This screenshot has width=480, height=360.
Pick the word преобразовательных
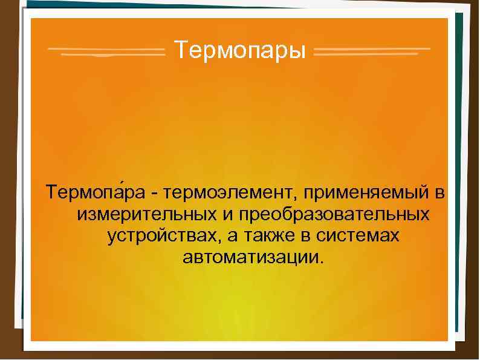pos(334,215)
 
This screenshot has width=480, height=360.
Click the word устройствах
pos(159,235)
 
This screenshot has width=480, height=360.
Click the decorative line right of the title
pos(372,51)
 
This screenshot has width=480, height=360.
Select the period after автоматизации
pos(322,261)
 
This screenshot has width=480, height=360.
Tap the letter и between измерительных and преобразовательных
pos(230,215)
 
